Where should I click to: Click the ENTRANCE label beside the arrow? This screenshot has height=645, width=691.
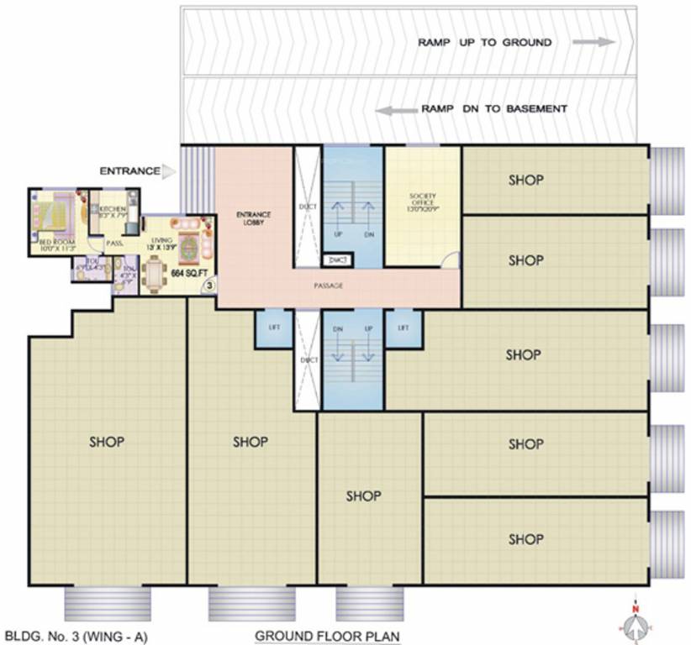pos(129,171)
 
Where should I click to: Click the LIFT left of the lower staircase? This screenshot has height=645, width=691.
pos(273,328)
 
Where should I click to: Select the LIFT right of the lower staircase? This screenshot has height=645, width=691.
pos(403,328)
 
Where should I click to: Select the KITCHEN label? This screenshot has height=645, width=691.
pos(113,208)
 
